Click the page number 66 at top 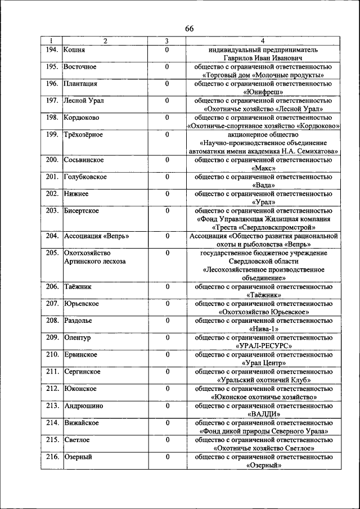point(189,29)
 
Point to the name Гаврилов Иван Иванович point(264,58)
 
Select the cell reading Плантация point(81,84)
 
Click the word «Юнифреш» point(264,92)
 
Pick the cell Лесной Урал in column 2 point(83,101)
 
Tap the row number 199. point(52,134)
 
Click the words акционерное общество point(264,134)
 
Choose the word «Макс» point(264,168)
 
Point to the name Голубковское point(85,177)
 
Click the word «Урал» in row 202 point(264,202)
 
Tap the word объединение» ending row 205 point(264,278)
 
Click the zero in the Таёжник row point(167,286)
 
